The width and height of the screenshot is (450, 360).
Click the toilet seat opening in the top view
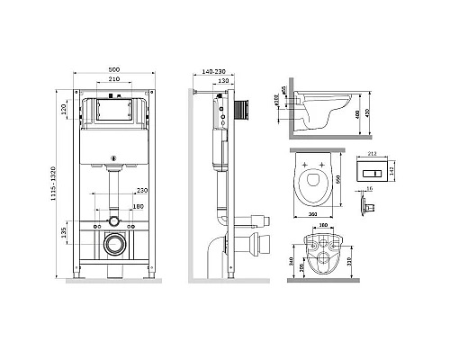(x=311, y=186)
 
